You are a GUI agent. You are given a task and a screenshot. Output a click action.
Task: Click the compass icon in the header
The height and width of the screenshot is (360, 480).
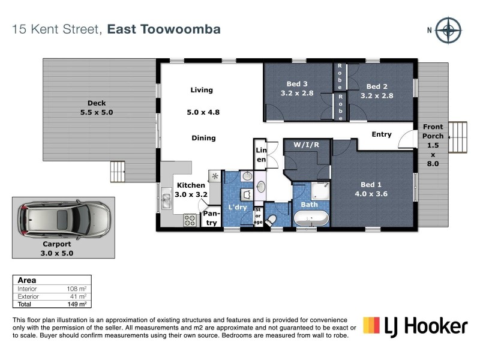tap(448, 30)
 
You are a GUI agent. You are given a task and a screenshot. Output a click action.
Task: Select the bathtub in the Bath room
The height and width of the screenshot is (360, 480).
tap(311, 217)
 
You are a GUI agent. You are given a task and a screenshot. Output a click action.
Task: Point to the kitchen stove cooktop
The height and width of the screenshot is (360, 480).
tap(191, 220)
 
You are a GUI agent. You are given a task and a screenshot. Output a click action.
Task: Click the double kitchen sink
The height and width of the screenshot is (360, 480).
tap(166, 200)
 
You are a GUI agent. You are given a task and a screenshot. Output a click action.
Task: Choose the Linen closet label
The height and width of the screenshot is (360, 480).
tap(261, 155)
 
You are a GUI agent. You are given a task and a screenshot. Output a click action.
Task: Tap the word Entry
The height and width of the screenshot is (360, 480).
tap(382, 134)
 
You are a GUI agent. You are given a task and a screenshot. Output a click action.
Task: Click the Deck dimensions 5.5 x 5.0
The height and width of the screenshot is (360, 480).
tap(97, 112)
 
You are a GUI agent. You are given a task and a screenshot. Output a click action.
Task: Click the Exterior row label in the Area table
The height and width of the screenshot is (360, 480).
tap(28, 296)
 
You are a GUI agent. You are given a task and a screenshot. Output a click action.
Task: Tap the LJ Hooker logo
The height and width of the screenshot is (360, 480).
tap(415, 326)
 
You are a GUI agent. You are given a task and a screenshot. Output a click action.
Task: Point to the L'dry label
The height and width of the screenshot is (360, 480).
tap(237, 207)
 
